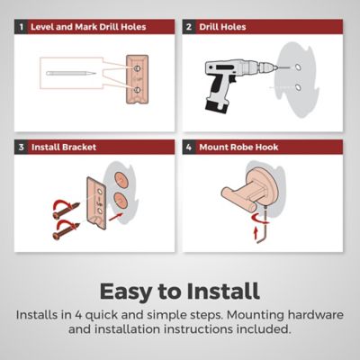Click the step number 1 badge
click(21, 27)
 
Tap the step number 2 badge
click(189, 27)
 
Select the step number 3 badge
click(21, 147)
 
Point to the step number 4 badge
click(189, 147)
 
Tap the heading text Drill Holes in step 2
click(222, 27)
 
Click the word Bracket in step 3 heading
click(79, 148)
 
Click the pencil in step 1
click(71, 73)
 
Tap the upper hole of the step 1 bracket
click(137, 68)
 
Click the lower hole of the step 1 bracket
click(137, 90)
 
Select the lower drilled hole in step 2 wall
click(298, 87)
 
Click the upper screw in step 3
click(67, 211)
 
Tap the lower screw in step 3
click(66, 231)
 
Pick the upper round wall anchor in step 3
click(121, 180)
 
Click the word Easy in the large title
click(125, 292)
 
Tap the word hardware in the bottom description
click(316, 315)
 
